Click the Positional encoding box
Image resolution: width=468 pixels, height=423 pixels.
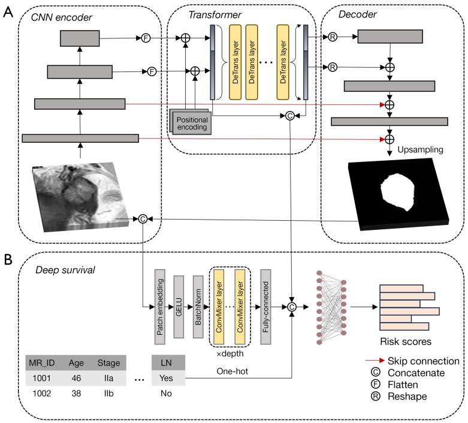191,122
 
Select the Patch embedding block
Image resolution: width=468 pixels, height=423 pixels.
159,307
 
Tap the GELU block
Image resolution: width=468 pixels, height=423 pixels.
179,307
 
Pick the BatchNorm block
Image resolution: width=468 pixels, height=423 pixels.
198,307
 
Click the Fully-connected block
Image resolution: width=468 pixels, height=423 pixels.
265,307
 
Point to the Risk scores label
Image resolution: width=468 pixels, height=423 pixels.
406,341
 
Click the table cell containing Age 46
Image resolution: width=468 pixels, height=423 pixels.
76,378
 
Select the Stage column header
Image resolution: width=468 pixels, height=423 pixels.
108,362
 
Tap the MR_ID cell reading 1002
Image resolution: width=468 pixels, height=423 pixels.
41,393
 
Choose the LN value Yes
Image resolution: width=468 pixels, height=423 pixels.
166,378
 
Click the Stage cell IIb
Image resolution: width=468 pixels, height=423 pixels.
108,393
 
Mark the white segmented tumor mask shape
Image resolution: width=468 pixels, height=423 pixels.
397,191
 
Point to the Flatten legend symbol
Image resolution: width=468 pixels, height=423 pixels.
375,384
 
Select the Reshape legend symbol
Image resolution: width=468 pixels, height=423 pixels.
375,396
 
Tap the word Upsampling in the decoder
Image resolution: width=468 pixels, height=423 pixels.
420,149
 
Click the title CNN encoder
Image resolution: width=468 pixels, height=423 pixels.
62,17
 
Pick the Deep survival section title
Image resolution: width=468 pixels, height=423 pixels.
65,270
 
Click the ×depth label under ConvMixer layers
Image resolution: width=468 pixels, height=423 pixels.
230,353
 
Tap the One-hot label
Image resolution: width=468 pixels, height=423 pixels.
233,371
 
